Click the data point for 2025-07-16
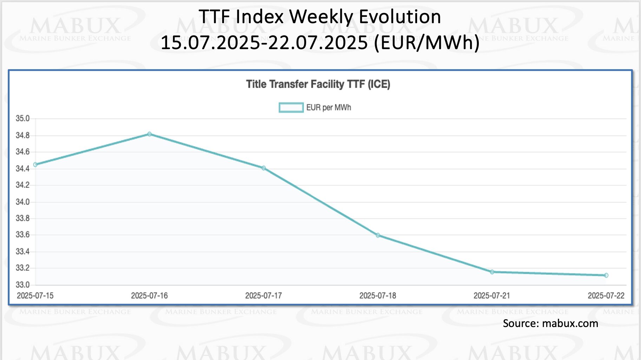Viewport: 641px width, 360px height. [x=150, y=134]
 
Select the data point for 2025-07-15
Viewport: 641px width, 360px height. [x=35, y=165]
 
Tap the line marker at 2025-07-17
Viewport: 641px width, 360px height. [x=264, y=168]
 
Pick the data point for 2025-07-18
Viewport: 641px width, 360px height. [x=378, y=235]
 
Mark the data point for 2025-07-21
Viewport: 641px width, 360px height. [x=492, y=272]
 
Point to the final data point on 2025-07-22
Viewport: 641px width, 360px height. [x=606, y=275]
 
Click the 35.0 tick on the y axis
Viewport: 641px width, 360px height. [x=22, y=119]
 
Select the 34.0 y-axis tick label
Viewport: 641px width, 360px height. [x=22, y=202]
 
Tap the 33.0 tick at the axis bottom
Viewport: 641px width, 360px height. [x=22, y=285]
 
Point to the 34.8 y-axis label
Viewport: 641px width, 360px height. [x=22, y=135]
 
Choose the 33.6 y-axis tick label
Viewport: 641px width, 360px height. [x=22, y=235]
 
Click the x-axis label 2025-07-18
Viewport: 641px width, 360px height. [x=377, y=296]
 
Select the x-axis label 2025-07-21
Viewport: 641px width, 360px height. [x=491, y=296]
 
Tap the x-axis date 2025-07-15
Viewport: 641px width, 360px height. [x=35, y=296]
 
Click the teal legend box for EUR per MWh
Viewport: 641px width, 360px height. [x=291, y=107]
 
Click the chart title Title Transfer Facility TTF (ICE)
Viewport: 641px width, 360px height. [x=318, y=84]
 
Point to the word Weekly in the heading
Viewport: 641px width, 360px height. [x=321, y=17]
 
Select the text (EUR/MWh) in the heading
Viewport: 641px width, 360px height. [x=427, y=43]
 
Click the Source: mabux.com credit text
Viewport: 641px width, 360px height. [x=550, y=324]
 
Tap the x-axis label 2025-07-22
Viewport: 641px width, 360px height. [x=606, y=296]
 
